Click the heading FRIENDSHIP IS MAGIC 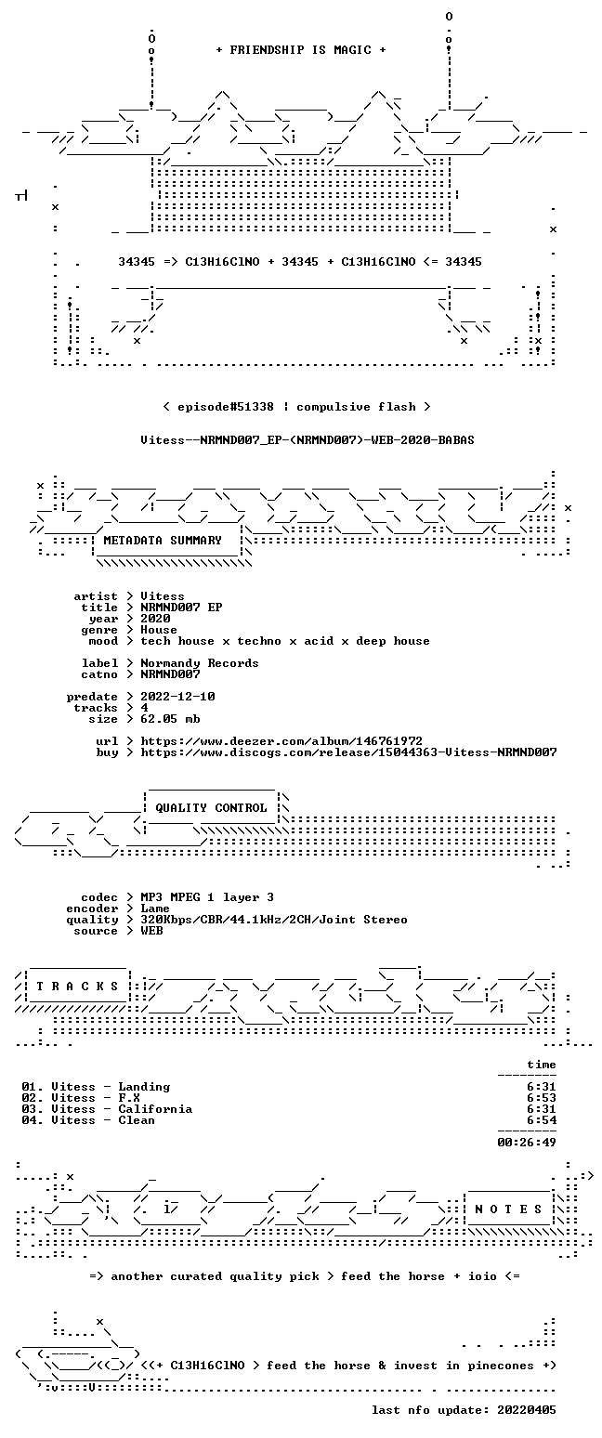tap(301, 50)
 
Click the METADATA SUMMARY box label tap(163, 541)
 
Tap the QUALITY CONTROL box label tap(211, 808)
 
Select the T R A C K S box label tap(77, 987)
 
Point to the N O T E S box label tap(508, 1209)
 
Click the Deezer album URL tap(281, 741)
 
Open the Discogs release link tap(348, 752)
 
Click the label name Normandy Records tap(200, 663)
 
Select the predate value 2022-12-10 tap(177, 697)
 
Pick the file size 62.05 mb tap(170, 719)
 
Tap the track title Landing tap(144, 1087)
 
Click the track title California tap(155, 1109)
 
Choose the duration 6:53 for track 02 tap(542, 1098)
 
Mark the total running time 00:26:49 tap(526, 1143)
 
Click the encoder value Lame tap(155, 909)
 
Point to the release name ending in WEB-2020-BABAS tap(308, 440)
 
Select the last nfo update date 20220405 tap(526, 1410)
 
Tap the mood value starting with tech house tap(285, 641)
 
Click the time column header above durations tap(542, 1065)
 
